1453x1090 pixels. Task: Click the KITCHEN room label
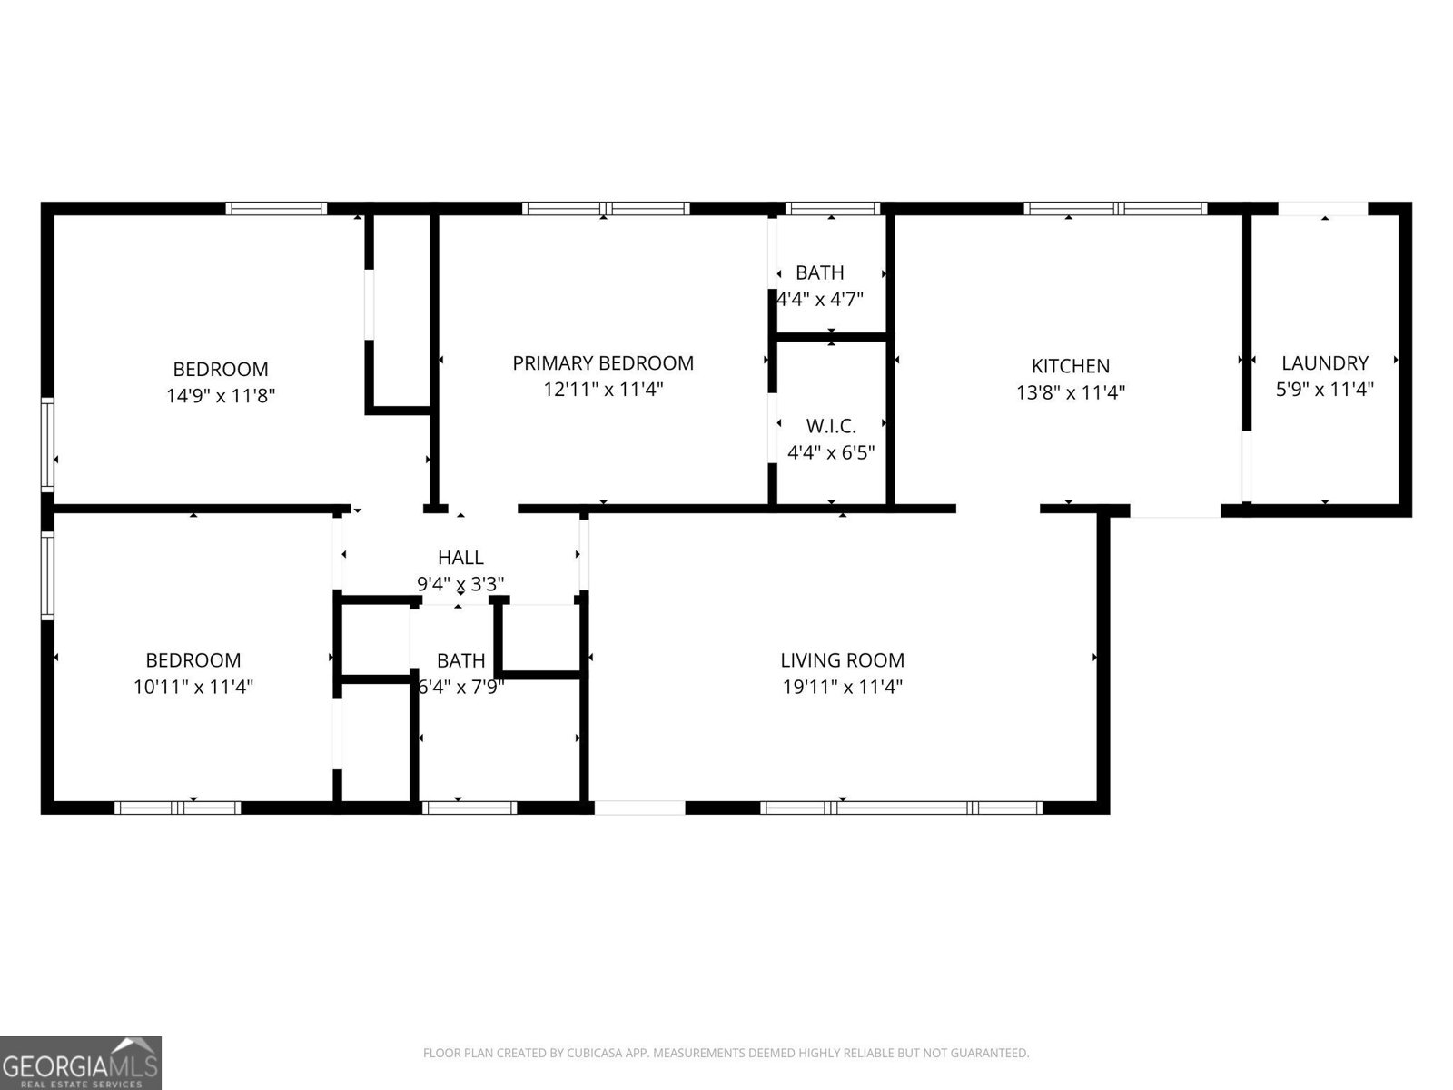point(1070,366)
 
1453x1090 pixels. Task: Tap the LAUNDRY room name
point(1324,363)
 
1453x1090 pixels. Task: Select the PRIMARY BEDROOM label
point(602,363)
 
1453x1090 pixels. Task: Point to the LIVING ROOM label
point(842,660)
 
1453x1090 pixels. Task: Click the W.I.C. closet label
point(831,426)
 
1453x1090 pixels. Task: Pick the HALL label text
point(460,558)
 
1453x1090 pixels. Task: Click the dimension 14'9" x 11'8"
point(221,396)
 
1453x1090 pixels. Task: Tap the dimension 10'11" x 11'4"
point(193,687)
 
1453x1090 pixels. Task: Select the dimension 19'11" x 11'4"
point(842,687)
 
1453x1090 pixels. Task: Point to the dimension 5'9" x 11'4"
point(1324,390)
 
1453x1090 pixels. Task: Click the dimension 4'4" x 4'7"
point(819,299)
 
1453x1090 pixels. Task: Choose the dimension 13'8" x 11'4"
point(1070,392)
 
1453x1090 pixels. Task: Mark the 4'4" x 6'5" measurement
point(831,452)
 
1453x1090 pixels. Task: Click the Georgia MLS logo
point(80,1062)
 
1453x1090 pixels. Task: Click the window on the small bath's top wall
point(832,208)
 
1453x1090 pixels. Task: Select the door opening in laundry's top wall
point(1323,209)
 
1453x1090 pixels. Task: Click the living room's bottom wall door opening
point(639,808)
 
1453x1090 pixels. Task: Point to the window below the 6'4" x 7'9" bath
point(470,808)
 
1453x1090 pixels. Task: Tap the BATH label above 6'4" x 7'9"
point(460,660)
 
